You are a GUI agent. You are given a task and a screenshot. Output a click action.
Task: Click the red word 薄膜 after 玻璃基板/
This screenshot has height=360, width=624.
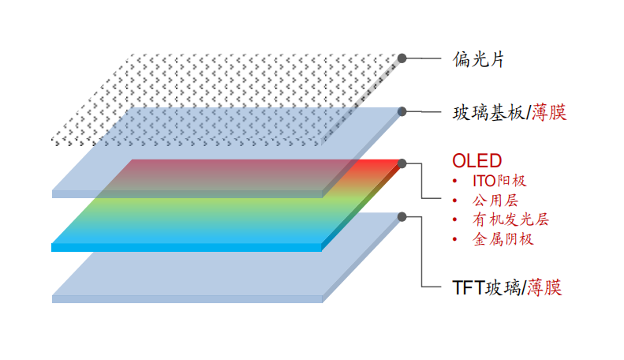[x=549, y=113]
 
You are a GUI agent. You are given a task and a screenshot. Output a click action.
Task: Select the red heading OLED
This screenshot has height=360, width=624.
[x=476, y=161]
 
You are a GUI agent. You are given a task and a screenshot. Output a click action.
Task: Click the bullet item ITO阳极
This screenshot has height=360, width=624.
[x=499, y=181]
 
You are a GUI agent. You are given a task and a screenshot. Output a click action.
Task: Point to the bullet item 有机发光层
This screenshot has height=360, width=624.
[x=504, y=219]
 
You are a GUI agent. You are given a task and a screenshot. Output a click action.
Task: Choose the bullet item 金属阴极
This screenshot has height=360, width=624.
[x=503, y=239]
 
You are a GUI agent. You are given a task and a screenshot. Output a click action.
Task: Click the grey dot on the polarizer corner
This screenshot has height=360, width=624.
[x=402, y=58]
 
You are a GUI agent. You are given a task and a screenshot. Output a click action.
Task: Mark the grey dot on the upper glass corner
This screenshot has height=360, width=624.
[x=402, y=112]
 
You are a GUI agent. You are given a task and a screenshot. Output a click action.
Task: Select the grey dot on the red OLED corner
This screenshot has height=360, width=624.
[x=402, y=163]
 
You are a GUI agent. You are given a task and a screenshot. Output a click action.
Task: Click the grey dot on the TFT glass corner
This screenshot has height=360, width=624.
[x=402, y=216]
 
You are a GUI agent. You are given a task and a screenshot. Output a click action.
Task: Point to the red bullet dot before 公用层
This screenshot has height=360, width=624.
[x=455, y=201]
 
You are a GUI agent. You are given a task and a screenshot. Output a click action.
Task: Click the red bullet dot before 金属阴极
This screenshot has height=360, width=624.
[x=455, y=239]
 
